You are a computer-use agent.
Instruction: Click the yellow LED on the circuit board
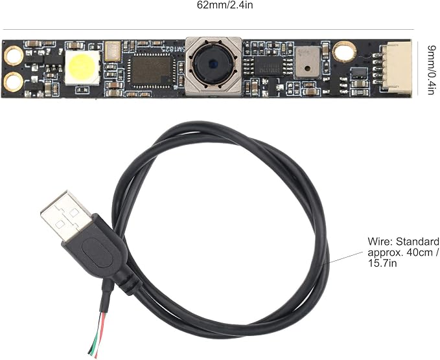click(x=82, y=68)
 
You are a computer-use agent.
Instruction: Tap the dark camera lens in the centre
click(x=213, y=64)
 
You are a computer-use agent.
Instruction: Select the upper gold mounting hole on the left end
click(x=13, y=56)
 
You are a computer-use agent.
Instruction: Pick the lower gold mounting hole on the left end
click(x=13, y=82)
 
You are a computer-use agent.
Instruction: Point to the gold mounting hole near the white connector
click(x=344, y=51)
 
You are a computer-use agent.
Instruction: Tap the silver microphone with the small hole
click(x=307, y=62)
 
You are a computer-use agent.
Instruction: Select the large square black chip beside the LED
click(x=151, y=69)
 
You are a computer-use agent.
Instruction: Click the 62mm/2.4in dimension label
click(x=224, y=5)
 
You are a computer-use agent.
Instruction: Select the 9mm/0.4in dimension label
click(x=432, y=70)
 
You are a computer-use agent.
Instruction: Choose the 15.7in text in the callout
click(x=382, y=264)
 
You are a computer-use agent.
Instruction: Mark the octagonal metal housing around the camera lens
click(x=213, y=66)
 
